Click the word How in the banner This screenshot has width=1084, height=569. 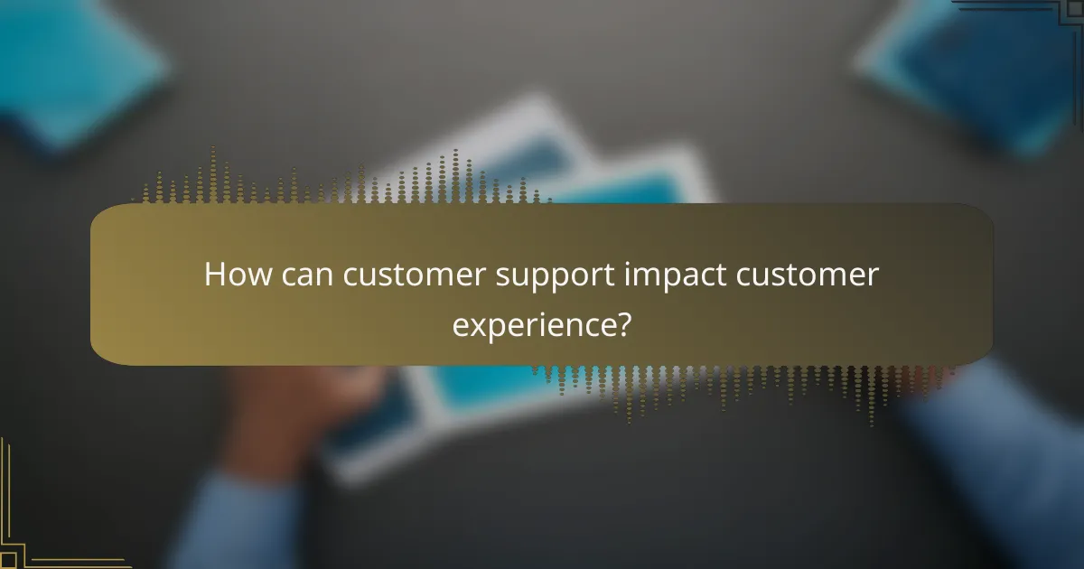point(233,275)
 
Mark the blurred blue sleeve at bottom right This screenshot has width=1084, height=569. point(1003,452)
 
